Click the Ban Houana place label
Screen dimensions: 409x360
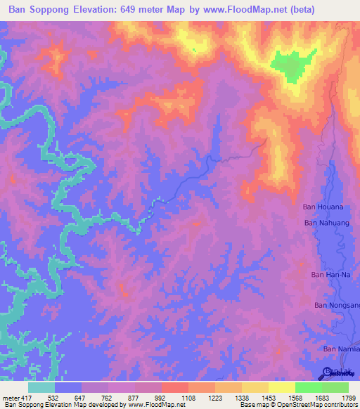coord(323,207)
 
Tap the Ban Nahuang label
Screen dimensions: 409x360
coord(324,223)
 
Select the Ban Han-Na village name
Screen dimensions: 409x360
coord(330,275)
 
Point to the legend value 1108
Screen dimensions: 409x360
coord(189,398)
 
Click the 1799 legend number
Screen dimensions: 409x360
coord(348,398)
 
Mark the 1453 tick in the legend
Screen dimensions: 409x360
coord(268,398)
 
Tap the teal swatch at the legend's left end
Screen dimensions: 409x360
coord(41,387)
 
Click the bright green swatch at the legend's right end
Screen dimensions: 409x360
coord(335,387)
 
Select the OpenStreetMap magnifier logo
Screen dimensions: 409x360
coord(328,372)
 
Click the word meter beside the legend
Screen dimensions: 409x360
coord(9,398)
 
